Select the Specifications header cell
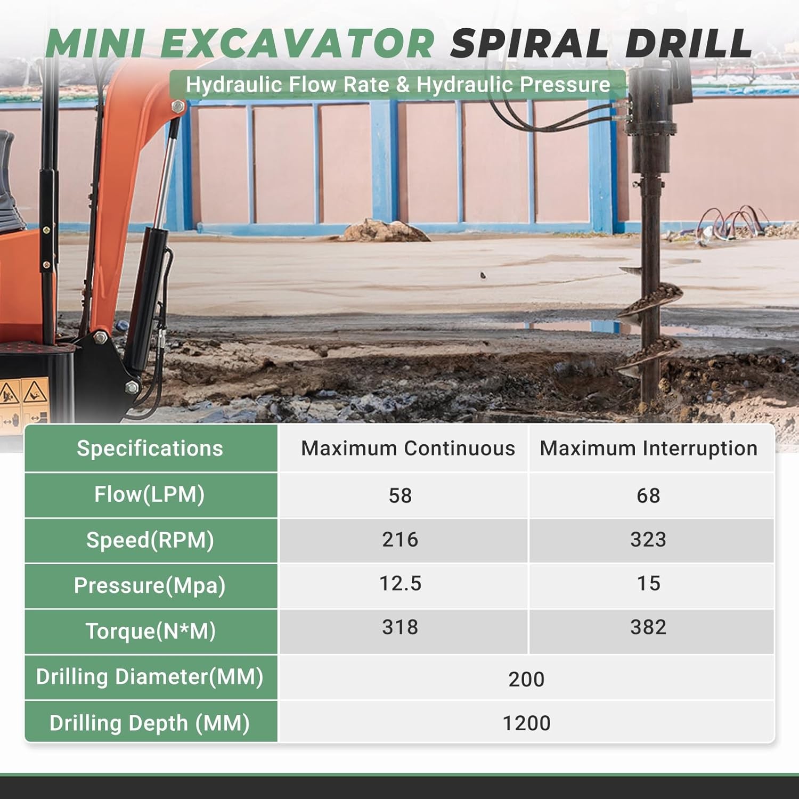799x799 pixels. coord(150,449)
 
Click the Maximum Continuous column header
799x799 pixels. coord(408,449)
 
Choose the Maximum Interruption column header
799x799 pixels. coord(648,449)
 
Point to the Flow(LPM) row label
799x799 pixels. coord(150,494)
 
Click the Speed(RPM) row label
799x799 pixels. coord(150,540)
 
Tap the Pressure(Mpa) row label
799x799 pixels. coord(150,585)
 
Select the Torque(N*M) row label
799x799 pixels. coord(151,631)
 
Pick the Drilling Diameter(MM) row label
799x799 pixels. coord(150,677)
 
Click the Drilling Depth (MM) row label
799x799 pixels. coord(150,723)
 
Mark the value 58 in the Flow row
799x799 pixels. coord(400,495)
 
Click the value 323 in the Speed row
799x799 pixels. coord(648,540)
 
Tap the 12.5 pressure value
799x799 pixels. coord(400,584)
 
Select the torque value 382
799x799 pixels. coord(648,627)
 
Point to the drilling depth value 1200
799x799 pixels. coord(526,723)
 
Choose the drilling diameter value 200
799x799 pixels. coord(526,680)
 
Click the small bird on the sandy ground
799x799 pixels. coord(483,275)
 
